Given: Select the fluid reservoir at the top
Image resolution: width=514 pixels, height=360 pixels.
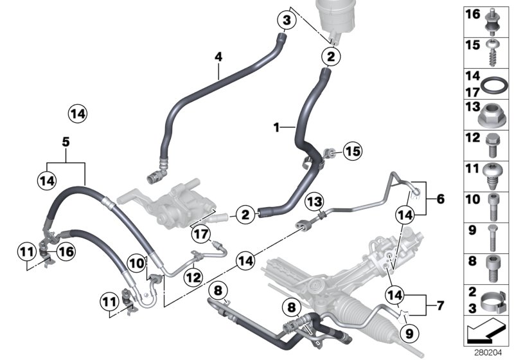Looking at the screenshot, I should pos(334,19).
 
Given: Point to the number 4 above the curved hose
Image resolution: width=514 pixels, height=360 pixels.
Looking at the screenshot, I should pos(218,57).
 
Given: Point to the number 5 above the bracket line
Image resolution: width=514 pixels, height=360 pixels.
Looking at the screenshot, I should pos(65,141).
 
